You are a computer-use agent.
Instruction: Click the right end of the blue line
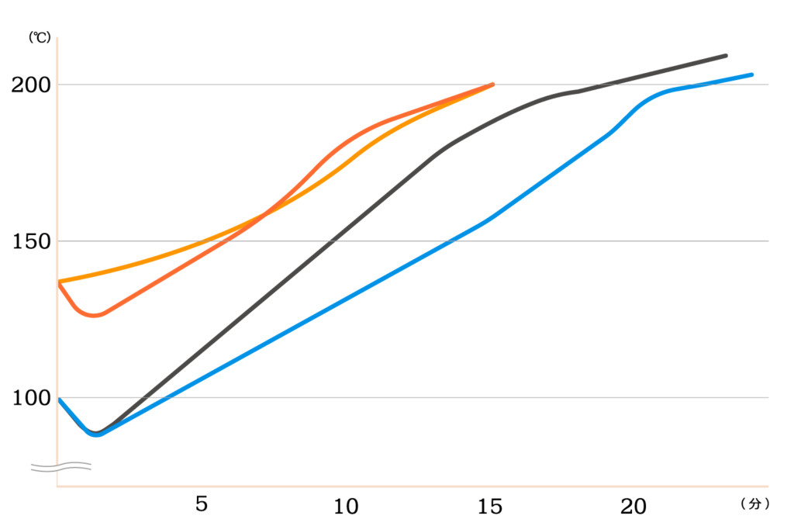point(752,74)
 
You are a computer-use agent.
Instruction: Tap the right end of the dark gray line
point(727,55)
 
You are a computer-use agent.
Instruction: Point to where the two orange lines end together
point(493,84)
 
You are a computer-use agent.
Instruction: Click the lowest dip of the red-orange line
point(95,316)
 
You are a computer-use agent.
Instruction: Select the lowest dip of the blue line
point(97,435)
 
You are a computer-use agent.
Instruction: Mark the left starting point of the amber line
point(60,281)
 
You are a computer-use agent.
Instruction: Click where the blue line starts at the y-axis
point(60,398)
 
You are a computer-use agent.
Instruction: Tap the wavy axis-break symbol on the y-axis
point(60,466)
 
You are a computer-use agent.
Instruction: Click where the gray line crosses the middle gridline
point(332,241)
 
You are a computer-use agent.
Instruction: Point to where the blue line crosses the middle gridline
point(452,241)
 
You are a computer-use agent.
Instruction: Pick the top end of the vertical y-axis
point(57,37)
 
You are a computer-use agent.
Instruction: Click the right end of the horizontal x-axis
point(768,487)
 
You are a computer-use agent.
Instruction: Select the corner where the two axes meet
point(57,487)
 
